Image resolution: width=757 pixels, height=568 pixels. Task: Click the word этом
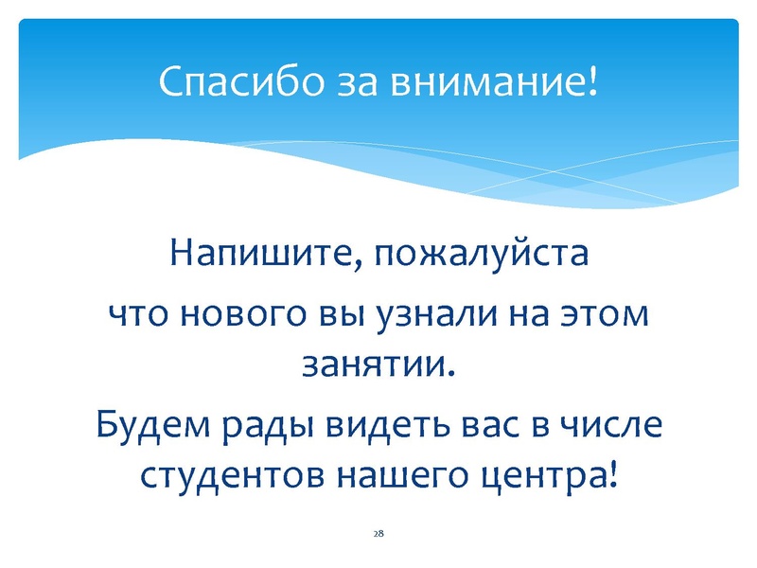click(x=607, y=314)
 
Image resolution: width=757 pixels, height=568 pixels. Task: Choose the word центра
click(x=546, y=473)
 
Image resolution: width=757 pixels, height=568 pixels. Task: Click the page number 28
click(x=378, y=535)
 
